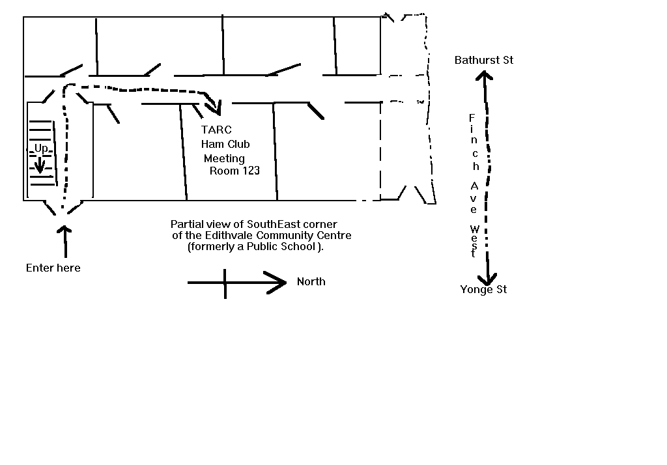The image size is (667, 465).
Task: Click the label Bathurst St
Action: (x=484, y=61)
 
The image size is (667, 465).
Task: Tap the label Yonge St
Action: (x=483, y=290)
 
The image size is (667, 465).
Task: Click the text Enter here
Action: (x=53, y=268)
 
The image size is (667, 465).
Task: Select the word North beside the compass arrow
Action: (x=311, y=282)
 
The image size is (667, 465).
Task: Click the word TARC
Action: (x=216, y=130)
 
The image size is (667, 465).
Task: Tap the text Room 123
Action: (x=234, y=171)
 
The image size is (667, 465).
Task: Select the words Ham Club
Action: (x=225, y=144)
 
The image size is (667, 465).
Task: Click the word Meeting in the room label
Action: (x=224, y=158)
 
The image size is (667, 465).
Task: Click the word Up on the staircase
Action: (x=41, y=149)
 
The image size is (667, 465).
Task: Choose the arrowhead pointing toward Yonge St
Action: (x=487, y=276)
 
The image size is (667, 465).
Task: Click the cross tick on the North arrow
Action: (x=225, y=283)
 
